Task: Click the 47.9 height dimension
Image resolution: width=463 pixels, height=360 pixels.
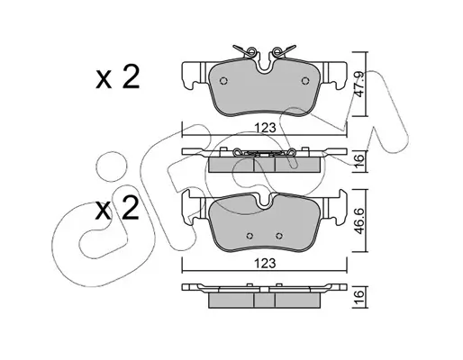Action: pos(359,84)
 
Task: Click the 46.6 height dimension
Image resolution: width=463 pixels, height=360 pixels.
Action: pos(359,220)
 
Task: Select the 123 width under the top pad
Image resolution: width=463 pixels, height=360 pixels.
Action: pos(265,128)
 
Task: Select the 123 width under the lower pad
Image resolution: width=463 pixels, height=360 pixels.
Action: pos(265,264)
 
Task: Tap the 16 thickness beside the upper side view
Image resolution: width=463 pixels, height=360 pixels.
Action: pos(359,159)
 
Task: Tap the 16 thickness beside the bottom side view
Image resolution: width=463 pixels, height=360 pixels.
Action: pos(359,295)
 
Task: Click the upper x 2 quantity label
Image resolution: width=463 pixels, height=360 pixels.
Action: pos(117,77)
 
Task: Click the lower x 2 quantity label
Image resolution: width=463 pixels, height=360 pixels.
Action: pos(117,208)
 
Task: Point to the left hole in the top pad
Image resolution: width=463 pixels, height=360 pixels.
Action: pos(223,81)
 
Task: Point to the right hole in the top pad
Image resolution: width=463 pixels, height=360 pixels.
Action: pos(305,81)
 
